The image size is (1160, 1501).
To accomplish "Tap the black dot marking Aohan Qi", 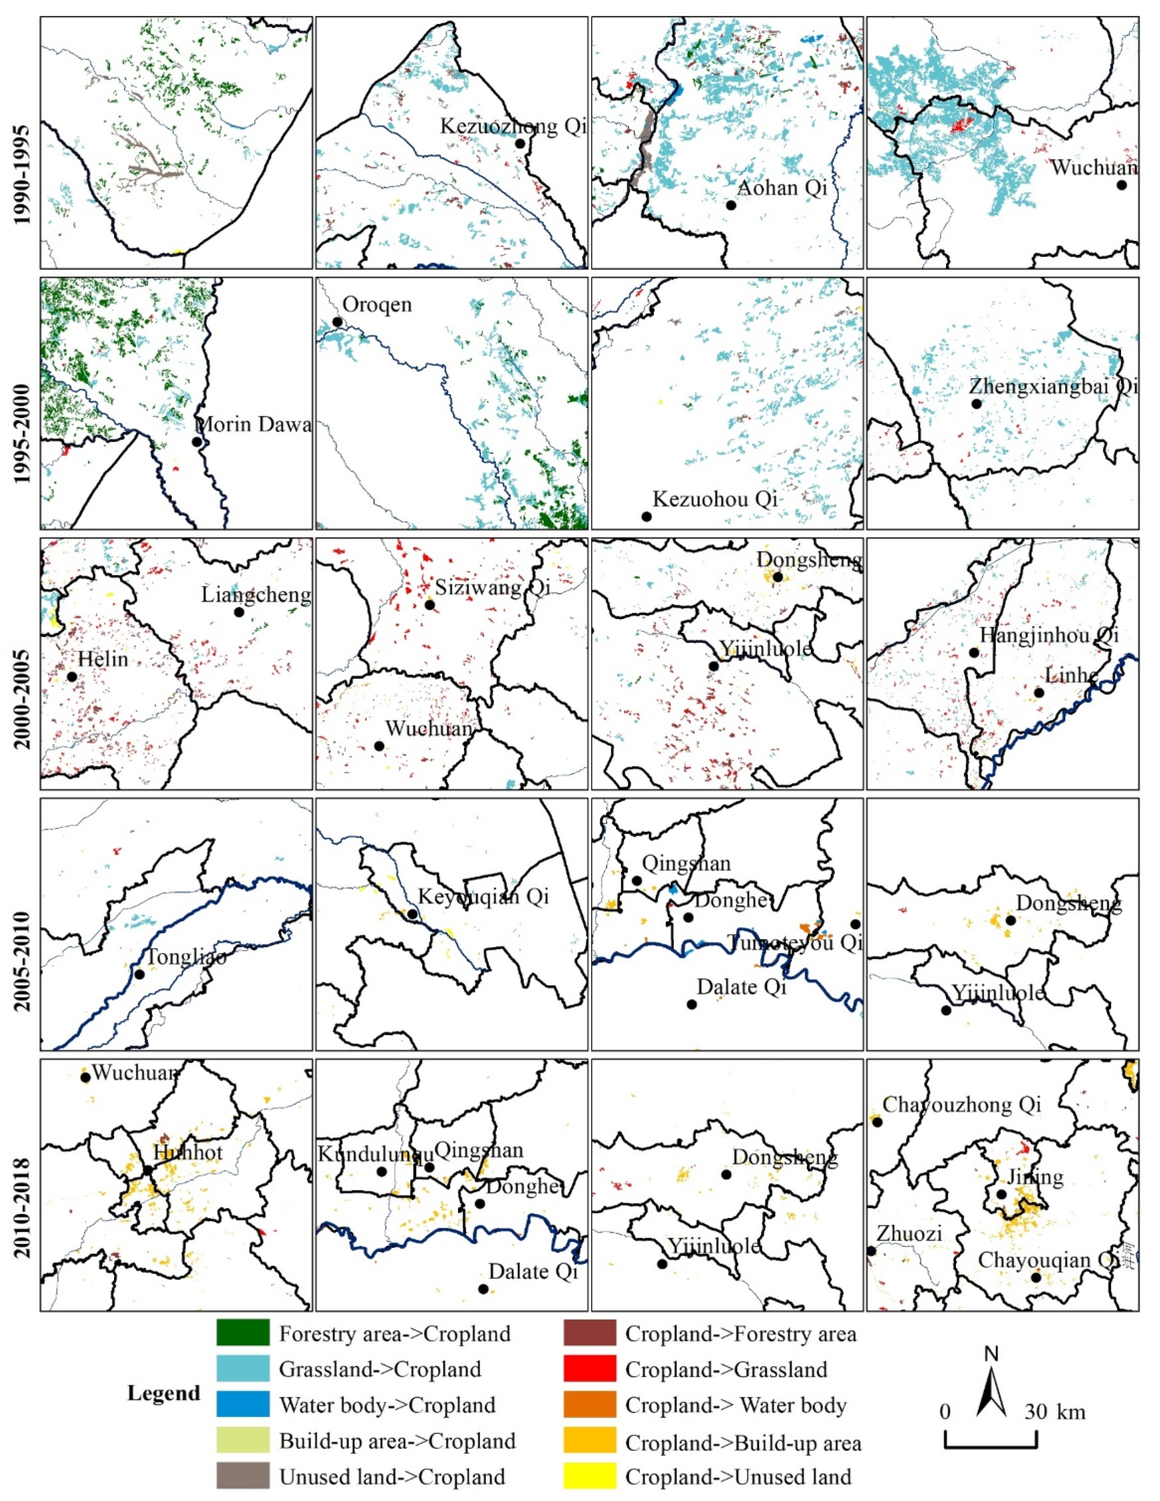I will [x=731, y=205].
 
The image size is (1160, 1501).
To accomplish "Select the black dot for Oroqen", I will [x=337, y=322].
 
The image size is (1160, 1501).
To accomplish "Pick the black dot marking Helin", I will [x=71, y=676].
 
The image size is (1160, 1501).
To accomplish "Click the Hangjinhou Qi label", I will [x=1049, y=634].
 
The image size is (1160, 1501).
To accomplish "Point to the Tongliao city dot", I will [x=140, y=974].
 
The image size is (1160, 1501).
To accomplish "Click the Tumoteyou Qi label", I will [x=795, y=943].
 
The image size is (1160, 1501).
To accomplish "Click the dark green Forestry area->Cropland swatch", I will [x=243, y=1333].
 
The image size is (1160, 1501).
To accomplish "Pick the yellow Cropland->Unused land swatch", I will [x=589, y=1475].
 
